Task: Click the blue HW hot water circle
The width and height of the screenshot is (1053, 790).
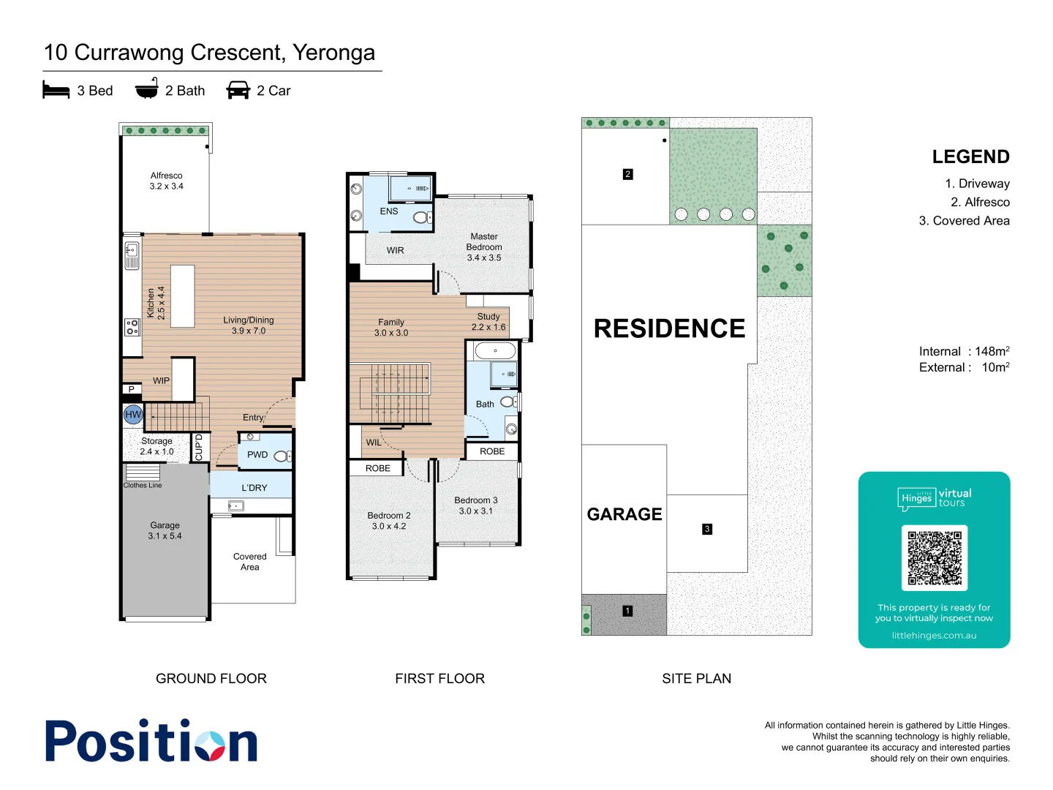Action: (x=133, y=415)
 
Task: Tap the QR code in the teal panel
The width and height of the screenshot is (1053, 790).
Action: (x=934, y=557)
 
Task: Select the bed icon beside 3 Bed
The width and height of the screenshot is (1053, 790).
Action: (x=56, y=91)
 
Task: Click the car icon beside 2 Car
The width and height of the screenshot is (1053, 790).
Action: (x=238, y=91)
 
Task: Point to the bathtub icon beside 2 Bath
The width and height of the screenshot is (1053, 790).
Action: (x=147, y=89)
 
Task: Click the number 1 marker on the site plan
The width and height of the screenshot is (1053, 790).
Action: (x=627, y=611)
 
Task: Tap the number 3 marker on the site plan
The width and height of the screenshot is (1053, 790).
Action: (x=706, y=529)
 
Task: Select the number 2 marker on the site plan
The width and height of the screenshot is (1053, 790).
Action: (x=627, y=174)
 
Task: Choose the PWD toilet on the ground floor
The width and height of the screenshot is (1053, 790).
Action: (x=282, y=456)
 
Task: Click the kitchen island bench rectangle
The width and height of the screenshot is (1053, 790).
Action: (x=183, y=296)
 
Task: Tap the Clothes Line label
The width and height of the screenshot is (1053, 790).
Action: (x=143, y=485)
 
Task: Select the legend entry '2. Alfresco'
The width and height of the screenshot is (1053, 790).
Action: (x=980, y=203)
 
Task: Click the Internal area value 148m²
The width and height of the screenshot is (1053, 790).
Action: (x=992, y=352)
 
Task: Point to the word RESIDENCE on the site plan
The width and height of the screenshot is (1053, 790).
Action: (x=669, y=329)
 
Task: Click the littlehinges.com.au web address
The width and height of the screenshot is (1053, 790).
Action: (x=934, y=636)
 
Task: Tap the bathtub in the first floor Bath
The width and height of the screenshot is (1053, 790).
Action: (x=495, y=351)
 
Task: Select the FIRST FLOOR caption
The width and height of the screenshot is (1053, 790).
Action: (x=439, y=679)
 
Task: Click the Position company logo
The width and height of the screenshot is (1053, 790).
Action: (x=151, y=741)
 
